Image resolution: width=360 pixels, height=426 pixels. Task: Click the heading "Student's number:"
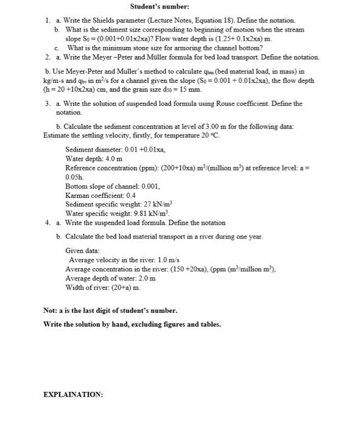(159, 7)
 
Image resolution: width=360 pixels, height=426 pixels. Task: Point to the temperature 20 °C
(209, 134)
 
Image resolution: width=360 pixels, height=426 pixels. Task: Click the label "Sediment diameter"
(89, 148)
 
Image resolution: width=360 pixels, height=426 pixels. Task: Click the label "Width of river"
(86, 287)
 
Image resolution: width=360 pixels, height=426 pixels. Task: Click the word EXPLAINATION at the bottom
(72, 394)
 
